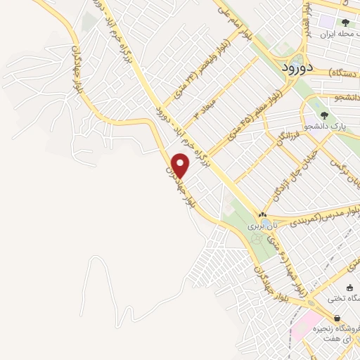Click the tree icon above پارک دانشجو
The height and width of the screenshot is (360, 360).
324,115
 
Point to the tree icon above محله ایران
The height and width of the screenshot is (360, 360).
345,22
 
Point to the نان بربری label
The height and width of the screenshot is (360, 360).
262,227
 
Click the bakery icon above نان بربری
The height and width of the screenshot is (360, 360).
262,215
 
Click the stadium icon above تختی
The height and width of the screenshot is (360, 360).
350,287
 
